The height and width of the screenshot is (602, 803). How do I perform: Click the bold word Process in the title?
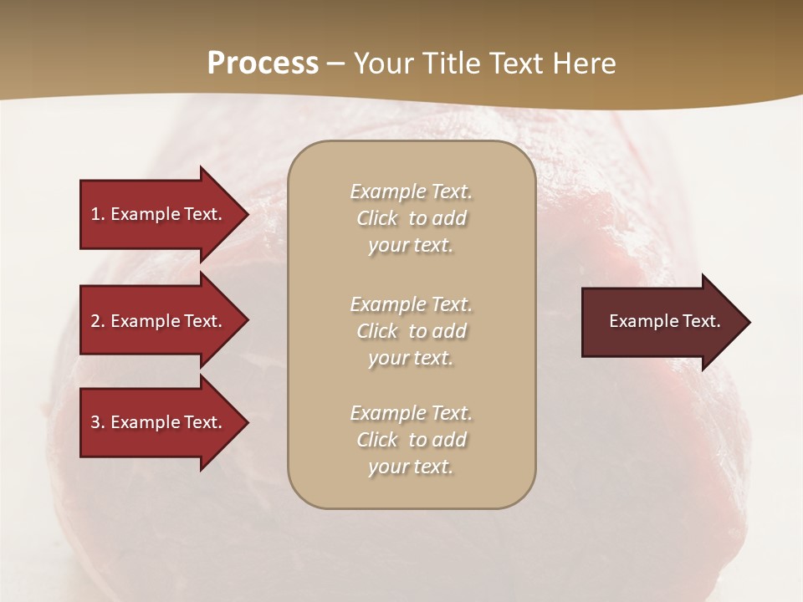263,64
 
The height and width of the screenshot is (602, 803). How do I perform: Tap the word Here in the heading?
585,64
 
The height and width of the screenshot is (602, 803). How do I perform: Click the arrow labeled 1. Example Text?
156,214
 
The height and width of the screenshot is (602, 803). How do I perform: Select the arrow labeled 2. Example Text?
156,321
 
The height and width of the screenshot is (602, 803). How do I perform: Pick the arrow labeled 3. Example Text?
156,422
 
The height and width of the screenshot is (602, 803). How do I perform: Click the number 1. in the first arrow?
98,214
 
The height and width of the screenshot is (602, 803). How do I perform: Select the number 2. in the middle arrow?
98,321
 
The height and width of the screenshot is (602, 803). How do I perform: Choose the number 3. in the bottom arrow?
98,422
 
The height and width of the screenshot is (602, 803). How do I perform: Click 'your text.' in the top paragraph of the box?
411,246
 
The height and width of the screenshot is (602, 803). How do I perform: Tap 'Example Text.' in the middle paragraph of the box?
411,304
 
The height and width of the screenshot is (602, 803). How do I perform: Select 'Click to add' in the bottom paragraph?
411,440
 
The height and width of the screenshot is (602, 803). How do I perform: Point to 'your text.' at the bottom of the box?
411,467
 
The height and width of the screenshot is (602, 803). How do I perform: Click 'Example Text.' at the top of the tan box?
411,191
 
